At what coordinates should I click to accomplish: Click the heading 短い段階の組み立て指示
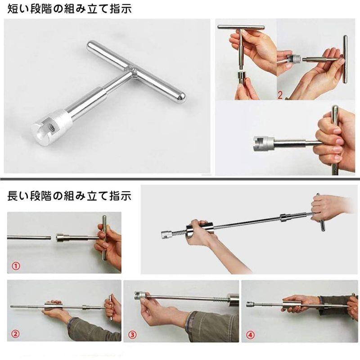(x=67, y=8)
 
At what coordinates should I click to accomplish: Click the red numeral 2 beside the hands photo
(x=280, y=95)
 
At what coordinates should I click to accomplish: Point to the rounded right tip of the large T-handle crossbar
(x=181, y=98)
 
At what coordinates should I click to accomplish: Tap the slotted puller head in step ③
(x=140, y=295)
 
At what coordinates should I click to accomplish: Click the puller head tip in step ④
(x=250, y=304)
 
